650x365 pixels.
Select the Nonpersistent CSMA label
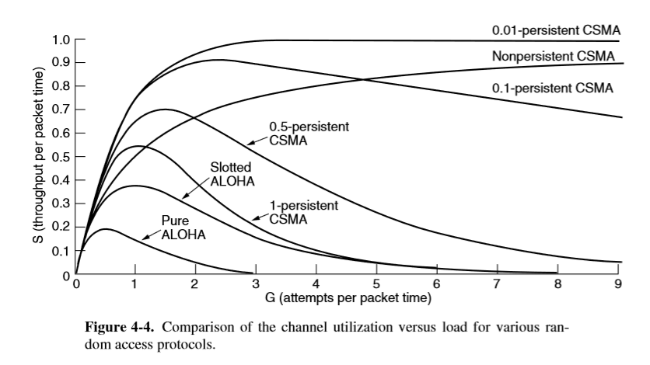(553, 56)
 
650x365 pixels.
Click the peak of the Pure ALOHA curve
(106, 228)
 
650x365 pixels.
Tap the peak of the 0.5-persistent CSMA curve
(165, 109)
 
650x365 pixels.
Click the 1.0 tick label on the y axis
(61, 39)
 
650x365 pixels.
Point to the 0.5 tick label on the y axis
(61, 157)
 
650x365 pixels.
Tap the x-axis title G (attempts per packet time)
(347, 297)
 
